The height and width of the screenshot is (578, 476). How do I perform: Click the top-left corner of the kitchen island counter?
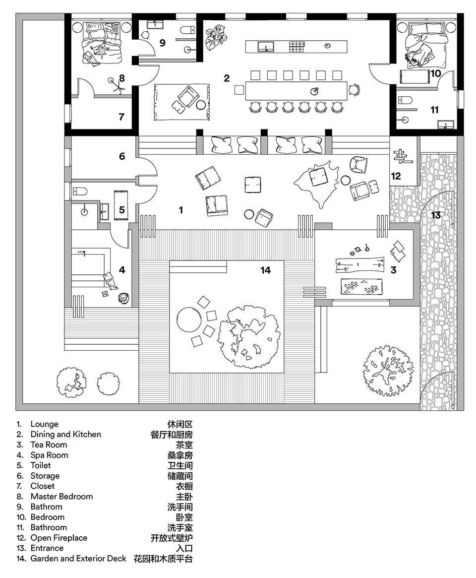(246, 40)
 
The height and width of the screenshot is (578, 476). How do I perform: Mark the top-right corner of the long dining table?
(347, 82)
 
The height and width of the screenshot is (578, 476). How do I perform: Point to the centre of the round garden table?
(189, 319)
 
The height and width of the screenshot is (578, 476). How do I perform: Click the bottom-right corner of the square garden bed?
(284, 372)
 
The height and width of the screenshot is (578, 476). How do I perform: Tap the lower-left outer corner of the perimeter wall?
(16, 410)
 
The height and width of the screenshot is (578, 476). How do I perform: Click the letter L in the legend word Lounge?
(32, 424)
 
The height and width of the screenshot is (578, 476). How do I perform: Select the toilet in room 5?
(80, 191)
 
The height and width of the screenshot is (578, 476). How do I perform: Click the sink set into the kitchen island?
(266, 47)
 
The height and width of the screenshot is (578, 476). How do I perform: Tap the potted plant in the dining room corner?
(216, 37)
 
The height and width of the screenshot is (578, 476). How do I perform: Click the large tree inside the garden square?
(248, 336)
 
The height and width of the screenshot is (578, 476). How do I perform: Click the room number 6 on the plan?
(122, 156)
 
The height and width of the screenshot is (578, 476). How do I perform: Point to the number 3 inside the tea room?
(394, 270)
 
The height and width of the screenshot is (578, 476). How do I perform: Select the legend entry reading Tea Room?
(49, 445)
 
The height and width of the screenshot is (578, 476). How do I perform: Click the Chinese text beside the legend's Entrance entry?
(184, 548)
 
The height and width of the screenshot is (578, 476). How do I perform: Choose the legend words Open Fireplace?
(59, 538)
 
